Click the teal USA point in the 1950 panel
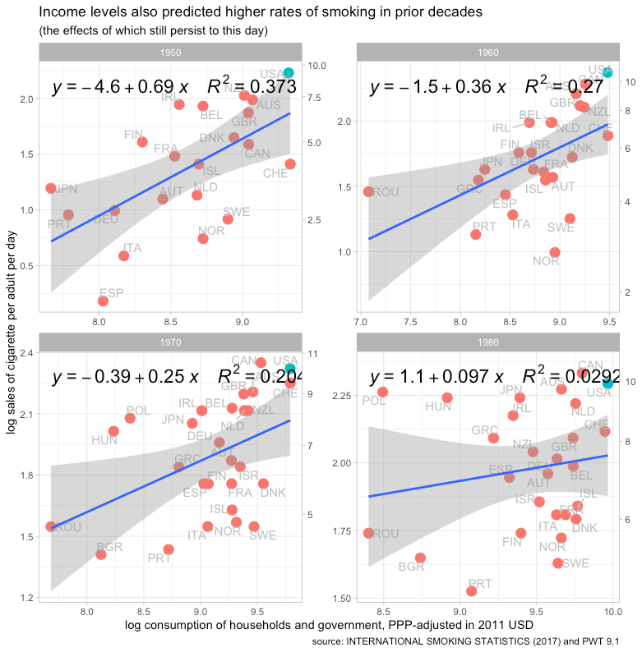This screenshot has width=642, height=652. pos(289,73)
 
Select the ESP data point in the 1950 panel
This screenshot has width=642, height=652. pos(103,301)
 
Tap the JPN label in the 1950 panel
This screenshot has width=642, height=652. pos(66,189)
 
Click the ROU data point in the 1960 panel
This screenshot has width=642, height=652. pos(368,191)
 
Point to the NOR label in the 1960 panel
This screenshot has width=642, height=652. pos(545,261)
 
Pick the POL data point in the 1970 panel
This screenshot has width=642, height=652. pos(130,418)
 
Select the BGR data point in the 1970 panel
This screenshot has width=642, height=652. pos(101,554)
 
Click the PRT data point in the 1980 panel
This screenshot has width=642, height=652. pos(471,591)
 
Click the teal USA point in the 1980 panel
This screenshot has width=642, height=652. pos(608,383)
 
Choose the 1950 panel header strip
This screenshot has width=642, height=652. pos(171,51)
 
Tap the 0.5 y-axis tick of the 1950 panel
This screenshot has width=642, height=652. pos(26,266)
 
